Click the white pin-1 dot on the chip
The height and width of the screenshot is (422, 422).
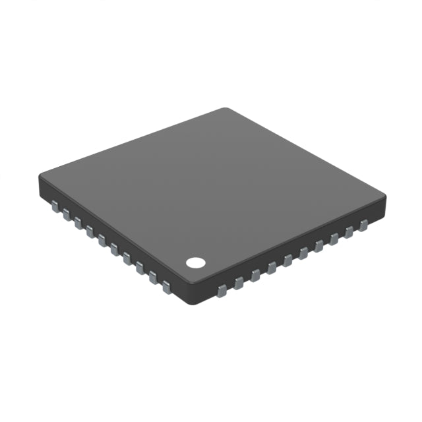tap(195, 262)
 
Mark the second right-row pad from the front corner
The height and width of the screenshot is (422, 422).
tap(239, 283)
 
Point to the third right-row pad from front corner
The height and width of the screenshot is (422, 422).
tap(255, 276)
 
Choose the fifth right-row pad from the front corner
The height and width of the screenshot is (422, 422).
tap(287, 260)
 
